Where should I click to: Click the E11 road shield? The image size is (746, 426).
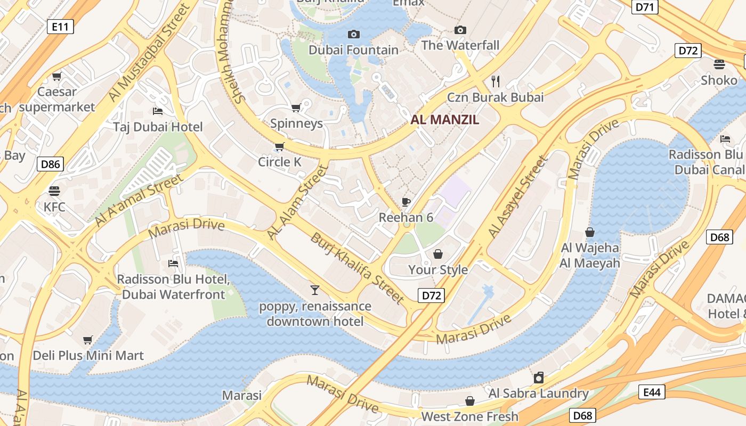click(x=60, y=26)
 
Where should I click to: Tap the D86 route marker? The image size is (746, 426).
click(x=51, y=164)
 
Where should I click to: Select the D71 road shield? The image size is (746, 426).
click(x=645, y=7)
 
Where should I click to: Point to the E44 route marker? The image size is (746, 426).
click(x=651, y=392)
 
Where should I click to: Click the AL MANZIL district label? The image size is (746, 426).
click(x=444, y=120)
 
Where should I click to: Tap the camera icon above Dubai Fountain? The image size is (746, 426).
click(x=353, y=35)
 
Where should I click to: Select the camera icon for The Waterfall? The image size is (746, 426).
click(x=460, y=30)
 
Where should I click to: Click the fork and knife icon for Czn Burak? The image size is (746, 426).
click(x=496, y=81)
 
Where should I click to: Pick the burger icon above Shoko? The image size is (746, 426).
click(x=719, y=64)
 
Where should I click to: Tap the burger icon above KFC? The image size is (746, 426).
click(x=54, y=191)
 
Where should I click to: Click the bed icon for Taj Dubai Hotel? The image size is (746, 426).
click(x=158, y=111)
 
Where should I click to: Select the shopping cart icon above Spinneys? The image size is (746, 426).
click(x=296, y=108)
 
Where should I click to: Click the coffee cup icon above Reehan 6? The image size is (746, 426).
click(x=406, y=202)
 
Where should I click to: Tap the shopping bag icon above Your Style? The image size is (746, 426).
click(x=438, y=254)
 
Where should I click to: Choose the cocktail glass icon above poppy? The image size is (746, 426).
click(x=315, y=290)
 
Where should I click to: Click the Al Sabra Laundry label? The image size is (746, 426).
click(x=538, y=394)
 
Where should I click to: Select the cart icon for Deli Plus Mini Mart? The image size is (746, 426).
click(x=88, y=340)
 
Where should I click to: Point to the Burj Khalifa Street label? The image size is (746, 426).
click(x=357, y=268)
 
